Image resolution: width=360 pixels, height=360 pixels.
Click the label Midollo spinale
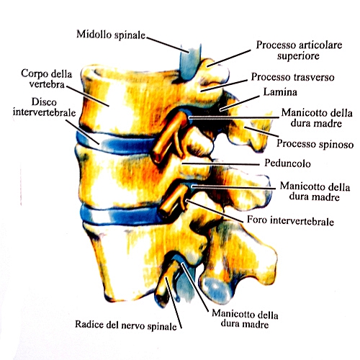click(111, 35)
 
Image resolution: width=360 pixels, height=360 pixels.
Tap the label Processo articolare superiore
click(299, 50)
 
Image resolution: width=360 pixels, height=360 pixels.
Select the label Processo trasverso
click(292, 77)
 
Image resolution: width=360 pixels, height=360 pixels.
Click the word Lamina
click(280, 92)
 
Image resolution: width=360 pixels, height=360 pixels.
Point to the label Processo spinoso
click(315, 144)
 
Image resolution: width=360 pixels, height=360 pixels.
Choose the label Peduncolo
click(287, 163)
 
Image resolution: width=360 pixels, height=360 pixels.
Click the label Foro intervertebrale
click(290, 220)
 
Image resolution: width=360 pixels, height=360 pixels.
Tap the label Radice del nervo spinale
click(126, 325)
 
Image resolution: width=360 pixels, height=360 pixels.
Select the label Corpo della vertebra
click(47, 78)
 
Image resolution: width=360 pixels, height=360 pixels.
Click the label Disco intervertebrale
click(44, 107)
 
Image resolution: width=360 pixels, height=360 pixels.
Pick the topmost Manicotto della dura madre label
click(317, 118)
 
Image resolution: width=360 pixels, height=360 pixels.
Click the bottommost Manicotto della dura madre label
click(245, 319)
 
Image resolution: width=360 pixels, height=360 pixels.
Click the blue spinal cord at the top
click(190, 62)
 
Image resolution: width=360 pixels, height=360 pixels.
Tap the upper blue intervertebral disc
click(115, 143)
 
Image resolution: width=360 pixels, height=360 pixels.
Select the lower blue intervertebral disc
click(122, 215)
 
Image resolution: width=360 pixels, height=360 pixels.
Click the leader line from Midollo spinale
click(167, 45)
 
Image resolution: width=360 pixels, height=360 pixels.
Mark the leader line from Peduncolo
click(220, 164)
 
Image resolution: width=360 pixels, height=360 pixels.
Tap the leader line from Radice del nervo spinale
click(173, 302)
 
